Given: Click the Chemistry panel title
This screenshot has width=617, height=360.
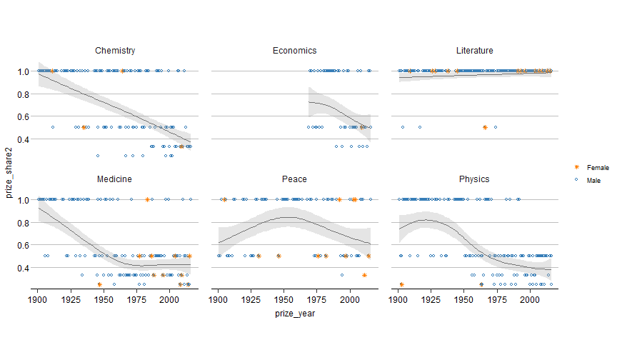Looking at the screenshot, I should pyautogui.click(x=116, y=51).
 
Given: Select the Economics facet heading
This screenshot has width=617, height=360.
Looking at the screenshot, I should pyautogui.click(x=294, y=51).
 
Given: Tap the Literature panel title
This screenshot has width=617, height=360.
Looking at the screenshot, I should pyautogui.click(x=474, y=51).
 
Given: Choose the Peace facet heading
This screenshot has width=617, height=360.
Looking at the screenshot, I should pyautogui.click(x=294, y=179).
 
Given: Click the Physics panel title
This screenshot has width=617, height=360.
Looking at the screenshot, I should pyautogui.click(x=474, y=179).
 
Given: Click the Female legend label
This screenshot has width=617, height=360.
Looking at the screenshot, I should pyautogui.click(x=598, y=167).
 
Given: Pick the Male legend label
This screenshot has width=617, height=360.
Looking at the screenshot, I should pyautogui.click(x=593, y=181).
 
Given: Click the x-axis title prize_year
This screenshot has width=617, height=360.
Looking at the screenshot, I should pyautogui.click(x=294, y=313).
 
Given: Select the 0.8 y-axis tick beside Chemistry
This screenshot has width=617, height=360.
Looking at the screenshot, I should pyautogui.click(x=24, y=94).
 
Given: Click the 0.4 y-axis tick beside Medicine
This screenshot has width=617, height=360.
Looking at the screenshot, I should pyautogui.click(x=24, y=268).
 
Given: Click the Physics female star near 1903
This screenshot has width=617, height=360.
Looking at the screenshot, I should pyautogui.click(x=401, y=284).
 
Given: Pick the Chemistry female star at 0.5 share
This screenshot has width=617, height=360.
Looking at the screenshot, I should pyautogui.click(x=84, y=127).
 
